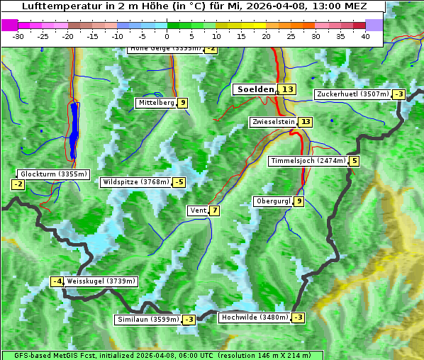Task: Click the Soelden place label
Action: click(255, 89)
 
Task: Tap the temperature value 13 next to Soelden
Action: click(286, 89)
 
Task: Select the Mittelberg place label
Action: click(156, 103)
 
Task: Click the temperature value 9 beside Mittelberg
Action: click(183, 103)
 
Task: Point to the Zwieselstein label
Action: click(273, 122)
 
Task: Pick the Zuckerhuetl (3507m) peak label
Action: click(353, 94)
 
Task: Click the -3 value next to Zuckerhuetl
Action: click(398, 94)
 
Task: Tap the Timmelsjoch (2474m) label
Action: click(308, 161)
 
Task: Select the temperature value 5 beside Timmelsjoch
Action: click(354, 161)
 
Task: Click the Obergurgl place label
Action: click(273, 201)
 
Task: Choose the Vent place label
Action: click(198, 210)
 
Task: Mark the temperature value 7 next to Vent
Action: click(214, 210)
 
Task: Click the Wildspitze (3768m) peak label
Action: click(136, 182)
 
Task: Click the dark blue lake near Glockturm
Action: click(74, 130)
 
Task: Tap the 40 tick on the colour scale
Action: click(365, 36)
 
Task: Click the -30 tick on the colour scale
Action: click(18, 36)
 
